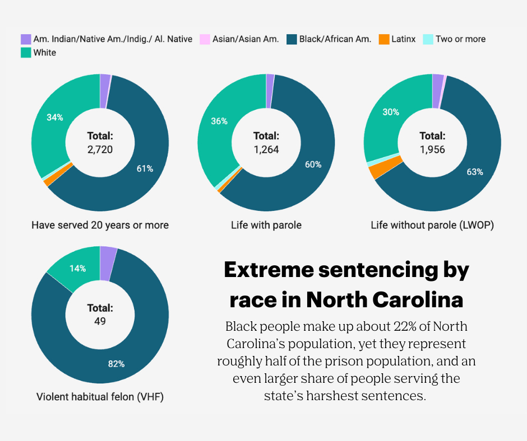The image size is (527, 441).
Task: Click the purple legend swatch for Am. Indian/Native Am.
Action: (26, 39)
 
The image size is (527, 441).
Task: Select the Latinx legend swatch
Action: (383, 39)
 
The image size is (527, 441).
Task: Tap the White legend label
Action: (44, 53)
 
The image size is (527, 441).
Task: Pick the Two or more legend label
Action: (460, 39)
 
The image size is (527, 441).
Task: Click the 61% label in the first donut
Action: (145, 168)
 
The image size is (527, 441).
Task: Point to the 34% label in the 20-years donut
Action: (55, 118)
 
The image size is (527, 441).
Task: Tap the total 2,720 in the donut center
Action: (100, 149)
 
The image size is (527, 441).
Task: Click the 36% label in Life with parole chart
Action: (219, 121)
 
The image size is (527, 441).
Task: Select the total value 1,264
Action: (266, 149)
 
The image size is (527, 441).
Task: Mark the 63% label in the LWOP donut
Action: (474, 172)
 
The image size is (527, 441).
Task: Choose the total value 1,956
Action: (432, 149)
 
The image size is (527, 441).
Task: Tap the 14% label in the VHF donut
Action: (77, 268)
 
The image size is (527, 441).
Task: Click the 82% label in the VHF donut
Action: (116, 364)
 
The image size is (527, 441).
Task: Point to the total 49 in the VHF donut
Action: (100, 321)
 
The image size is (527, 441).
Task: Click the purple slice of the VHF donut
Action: (108, 255)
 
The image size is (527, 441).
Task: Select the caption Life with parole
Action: (266, 225)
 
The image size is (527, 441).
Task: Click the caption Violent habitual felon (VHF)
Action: (100, 397)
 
